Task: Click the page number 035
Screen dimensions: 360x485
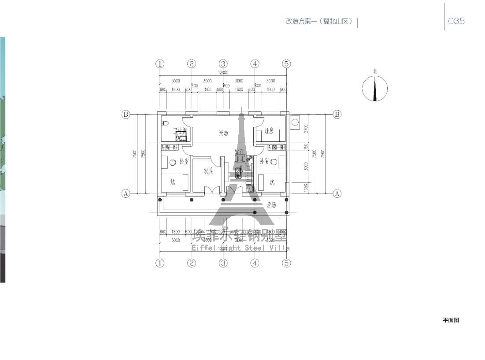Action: pos(456,21)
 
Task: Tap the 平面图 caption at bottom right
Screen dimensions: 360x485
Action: pos(451,320)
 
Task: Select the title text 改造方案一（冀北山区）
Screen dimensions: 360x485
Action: pos(319,22)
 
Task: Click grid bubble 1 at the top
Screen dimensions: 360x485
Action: pos(160,64)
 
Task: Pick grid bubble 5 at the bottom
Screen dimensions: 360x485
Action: pos(286,263)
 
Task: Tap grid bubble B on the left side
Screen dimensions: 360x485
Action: pos(126,115)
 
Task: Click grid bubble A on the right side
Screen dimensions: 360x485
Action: pos(337,193)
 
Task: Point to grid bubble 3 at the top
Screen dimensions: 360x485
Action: pos(223,64)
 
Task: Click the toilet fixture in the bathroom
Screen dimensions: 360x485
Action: pos(165,123)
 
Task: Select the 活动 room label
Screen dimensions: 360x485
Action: pos(223,133)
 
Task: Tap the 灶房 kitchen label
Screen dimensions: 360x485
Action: pos(269,131)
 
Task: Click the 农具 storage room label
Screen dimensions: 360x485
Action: pos(208,171)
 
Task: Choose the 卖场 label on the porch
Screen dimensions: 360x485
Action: pos(272,205)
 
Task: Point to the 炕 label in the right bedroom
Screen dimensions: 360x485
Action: pos(272,182)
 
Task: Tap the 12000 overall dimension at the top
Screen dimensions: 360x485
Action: pos(223,73)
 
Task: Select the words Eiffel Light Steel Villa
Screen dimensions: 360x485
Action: pos(241,248)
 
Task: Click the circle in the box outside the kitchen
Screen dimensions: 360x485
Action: pos(295,122)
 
